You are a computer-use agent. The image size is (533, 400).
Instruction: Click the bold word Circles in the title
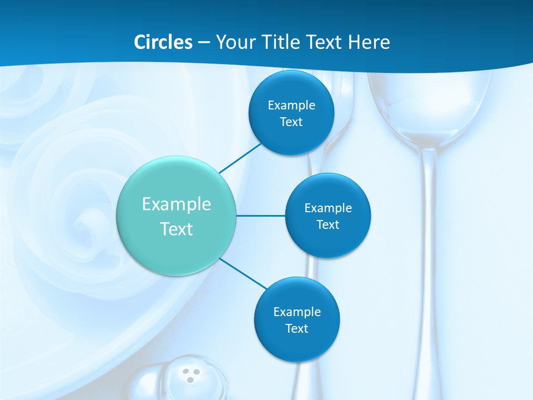[163, 42]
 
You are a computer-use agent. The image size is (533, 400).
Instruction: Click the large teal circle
[177, 216]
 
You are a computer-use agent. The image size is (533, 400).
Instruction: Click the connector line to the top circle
[240, 157]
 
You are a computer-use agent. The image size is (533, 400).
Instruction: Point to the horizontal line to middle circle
[261, 216]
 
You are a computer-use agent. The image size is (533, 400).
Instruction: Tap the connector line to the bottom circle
[243, 274]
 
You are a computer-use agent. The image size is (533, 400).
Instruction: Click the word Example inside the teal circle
[177, 204]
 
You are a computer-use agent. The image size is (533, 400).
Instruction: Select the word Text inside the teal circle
[177, 229]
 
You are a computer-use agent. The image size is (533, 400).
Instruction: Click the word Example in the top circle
[291, 105]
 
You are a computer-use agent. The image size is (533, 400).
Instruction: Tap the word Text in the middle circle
[328, 225]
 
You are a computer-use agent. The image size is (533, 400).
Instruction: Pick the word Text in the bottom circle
[296, 328]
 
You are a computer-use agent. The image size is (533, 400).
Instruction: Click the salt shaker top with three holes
[191, 376]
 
